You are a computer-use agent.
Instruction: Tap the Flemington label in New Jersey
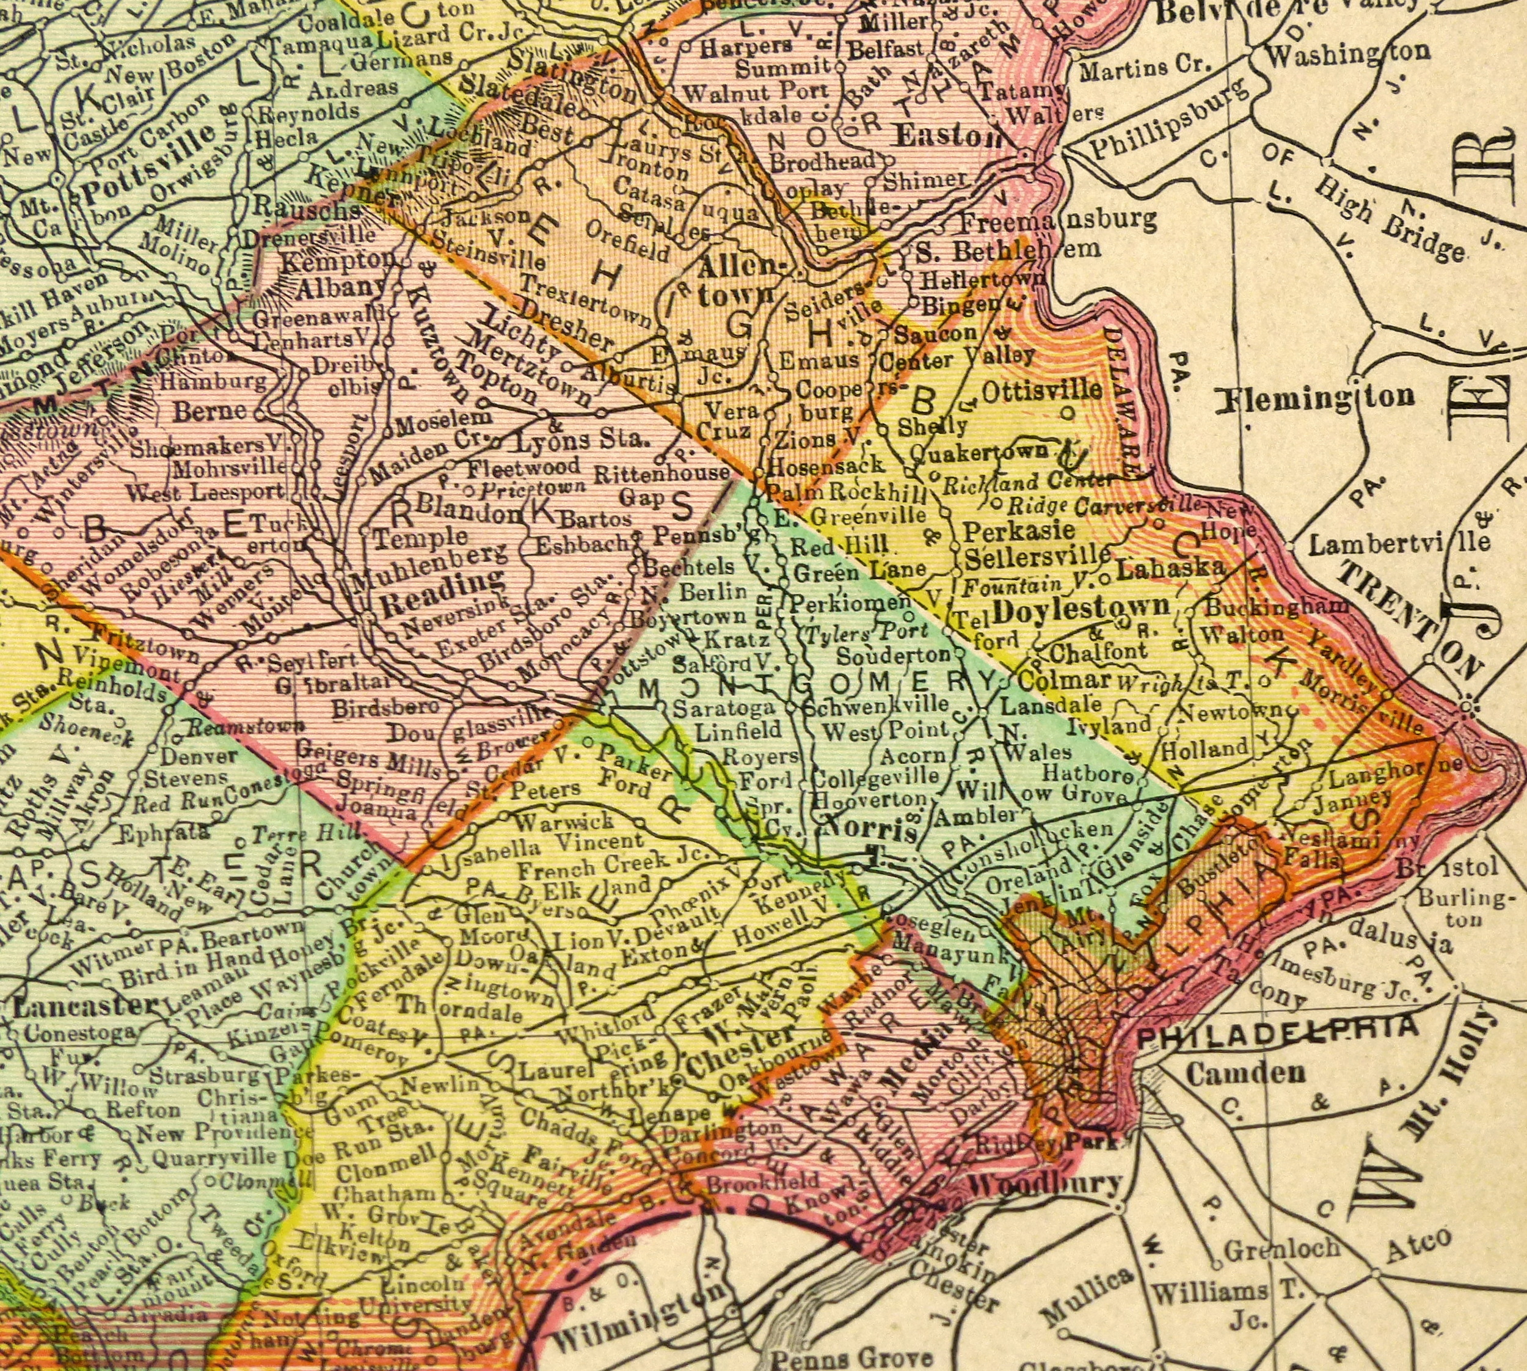(1316, 398)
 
